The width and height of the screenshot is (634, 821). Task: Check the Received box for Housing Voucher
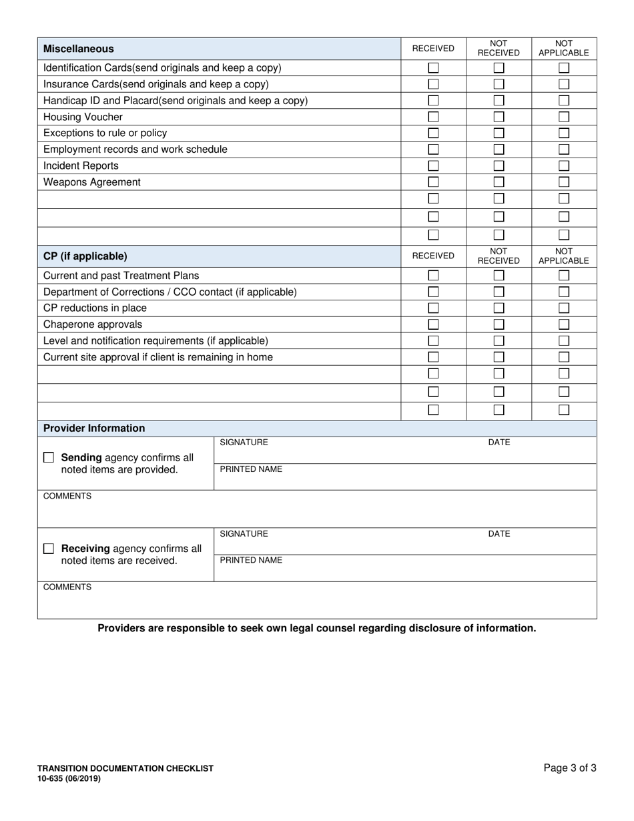(433, 117)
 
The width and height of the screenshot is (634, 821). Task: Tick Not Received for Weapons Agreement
(499, 182)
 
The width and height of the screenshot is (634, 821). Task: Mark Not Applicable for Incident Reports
(564, 166)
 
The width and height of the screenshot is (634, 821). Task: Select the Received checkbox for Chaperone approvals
(433, 324)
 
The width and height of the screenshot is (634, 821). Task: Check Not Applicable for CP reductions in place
(564, 308)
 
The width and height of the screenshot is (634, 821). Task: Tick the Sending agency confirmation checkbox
(49, 458)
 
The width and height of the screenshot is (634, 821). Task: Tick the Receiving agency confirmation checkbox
(49, 549)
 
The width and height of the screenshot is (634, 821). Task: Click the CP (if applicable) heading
(85, 256)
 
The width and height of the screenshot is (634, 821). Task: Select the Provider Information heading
(94, 429)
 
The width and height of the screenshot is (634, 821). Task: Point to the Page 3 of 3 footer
(570, 768)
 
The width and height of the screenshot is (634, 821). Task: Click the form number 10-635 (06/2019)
(69, 778)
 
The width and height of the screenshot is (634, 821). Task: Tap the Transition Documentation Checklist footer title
(125, 768)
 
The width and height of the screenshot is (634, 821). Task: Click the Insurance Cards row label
(156, 84)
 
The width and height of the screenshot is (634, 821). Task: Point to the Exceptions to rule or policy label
(105, 133)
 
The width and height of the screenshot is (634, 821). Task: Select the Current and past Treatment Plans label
(121, 276)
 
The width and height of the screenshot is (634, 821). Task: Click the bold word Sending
(81, 458)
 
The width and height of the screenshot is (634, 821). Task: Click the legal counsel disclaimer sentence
(317, 628)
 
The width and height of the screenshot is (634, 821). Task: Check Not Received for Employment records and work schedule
(499, 150)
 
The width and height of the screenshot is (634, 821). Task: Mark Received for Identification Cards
(433, 68)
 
